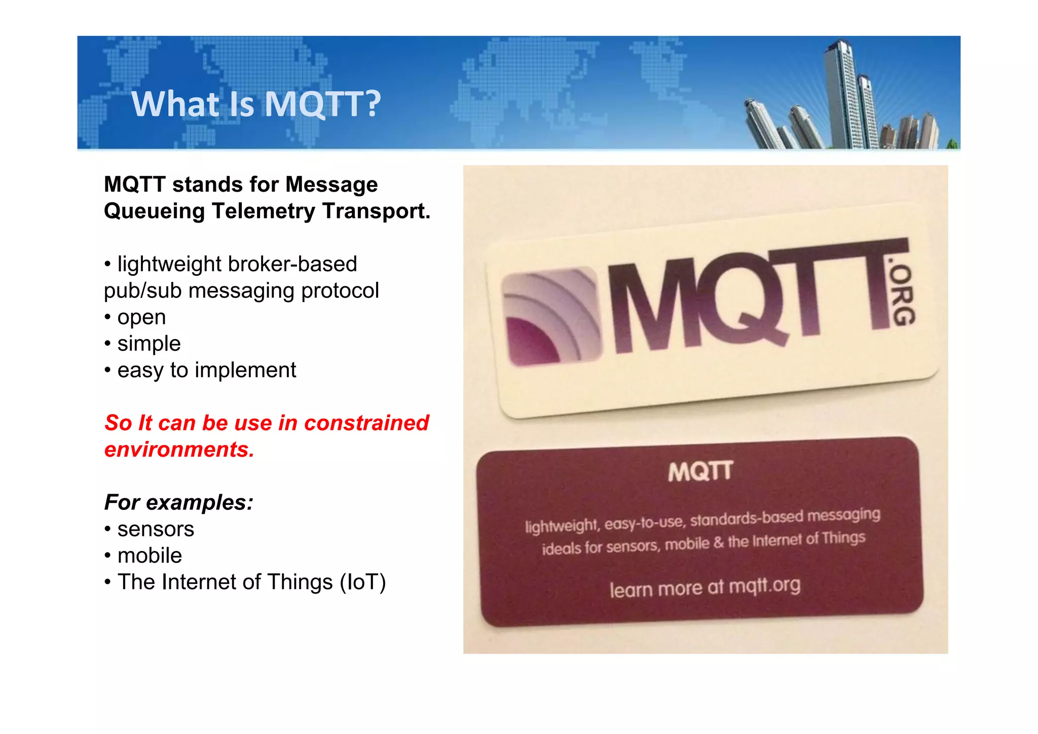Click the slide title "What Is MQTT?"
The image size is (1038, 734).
click(256, 104)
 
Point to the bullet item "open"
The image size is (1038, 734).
click(141, 317)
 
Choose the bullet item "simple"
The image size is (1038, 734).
click(149, 344)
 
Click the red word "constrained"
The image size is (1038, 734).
click(366, 423)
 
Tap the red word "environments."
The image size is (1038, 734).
click(179, 450)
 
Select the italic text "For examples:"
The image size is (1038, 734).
click(178, 502)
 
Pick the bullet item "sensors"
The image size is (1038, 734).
click(156, 529)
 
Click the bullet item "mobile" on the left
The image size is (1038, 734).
click(150, 556)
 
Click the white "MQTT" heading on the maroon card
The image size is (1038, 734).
click(700, 472)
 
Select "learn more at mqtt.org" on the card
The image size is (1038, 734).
click(705, 587)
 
